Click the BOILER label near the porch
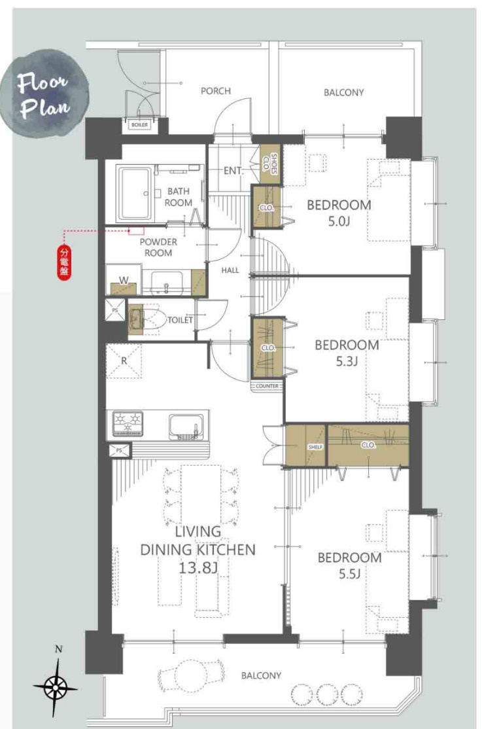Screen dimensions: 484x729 (x=139, y=124)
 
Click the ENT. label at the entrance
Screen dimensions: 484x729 (x=233, y=171)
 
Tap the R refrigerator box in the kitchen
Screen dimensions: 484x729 (x=124, y=361)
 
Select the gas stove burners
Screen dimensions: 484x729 (x=127, y=423)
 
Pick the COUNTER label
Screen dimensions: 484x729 (x=267, y=386)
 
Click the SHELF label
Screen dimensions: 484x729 (x=315, y=447)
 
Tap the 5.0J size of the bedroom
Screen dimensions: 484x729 (x=339, y=221)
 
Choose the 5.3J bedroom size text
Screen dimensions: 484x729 (x=347, y=361)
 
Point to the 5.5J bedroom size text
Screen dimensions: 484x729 (x=349, y=574)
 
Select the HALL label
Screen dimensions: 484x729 (x=230, y=270)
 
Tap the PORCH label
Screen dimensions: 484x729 (x=216, y=91)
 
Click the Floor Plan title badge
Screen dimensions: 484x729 (x=44, y=94)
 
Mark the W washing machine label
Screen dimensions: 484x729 (x=124, y=280)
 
